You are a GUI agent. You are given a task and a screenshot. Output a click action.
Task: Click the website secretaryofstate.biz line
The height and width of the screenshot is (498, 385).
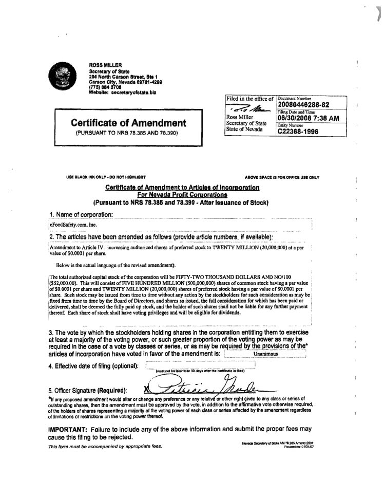click(x=122, y=92)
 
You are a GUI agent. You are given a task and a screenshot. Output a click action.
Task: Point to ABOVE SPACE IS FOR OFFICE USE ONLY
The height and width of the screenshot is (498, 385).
click(x=282, y=177)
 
